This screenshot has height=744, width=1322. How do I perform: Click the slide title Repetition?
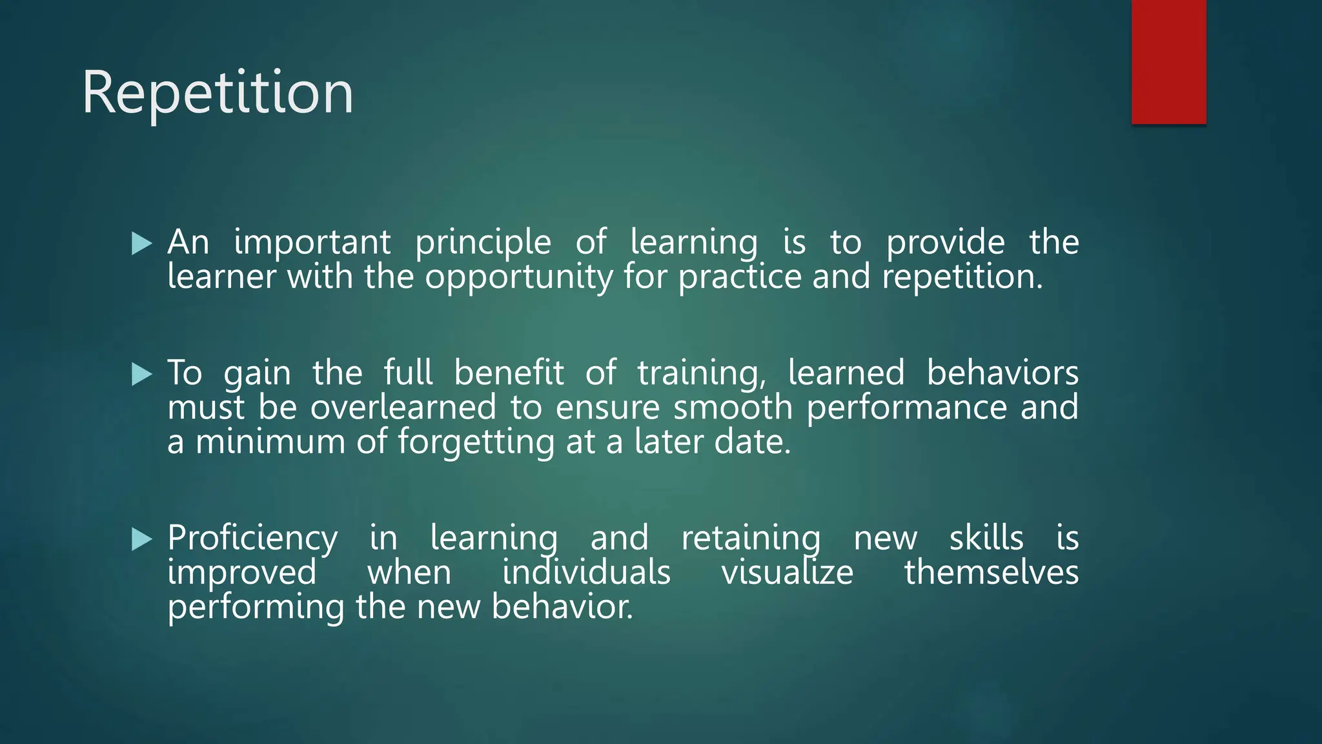(x=218, y=94)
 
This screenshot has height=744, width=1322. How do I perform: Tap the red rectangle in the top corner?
(x=1168, y=61)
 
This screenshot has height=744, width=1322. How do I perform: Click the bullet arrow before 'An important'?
(x=141, y=243)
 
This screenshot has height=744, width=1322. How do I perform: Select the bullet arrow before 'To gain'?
(x=141, y=374)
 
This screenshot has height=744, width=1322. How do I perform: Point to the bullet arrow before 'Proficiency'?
(x=141, y=539)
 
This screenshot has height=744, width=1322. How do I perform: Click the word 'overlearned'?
(x=403, y=408)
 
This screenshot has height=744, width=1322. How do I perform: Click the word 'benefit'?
(x=509, y=373)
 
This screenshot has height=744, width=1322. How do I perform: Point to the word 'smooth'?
(x=733, y=408)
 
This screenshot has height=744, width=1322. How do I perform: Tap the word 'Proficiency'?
(x=252, y=539)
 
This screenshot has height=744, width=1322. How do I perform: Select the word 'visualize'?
(x=787, y=572)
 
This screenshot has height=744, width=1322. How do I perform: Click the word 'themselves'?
(x=991, y=572)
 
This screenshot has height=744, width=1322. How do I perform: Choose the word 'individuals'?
(x=586, y=572)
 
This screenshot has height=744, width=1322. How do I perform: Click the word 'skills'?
(x=986, y=538)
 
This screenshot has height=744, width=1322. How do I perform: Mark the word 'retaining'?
(x=751, y=539)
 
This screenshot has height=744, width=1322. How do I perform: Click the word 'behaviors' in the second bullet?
(x=1002, y=373)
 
